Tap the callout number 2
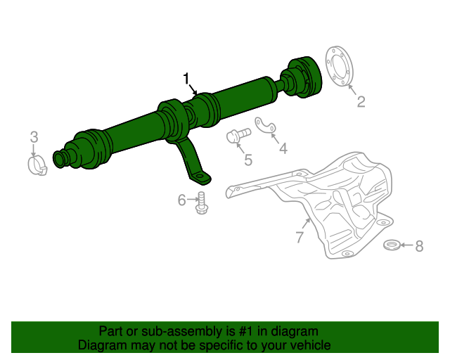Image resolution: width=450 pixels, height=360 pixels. tap(361, 103)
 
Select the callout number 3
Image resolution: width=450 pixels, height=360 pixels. tap(34, 136)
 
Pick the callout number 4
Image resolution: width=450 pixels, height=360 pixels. tap(283, 148)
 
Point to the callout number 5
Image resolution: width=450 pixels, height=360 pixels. tap(247, 161)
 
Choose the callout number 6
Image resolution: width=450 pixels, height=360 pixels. tap(181, 200)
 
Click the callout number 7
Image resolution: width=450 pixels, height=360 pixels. tap(300, 238)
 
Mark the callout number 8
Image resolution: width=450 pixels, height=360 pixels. tap(419, 246)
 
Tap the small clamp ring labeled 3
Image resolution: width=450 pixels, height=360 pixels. tap(37, 166)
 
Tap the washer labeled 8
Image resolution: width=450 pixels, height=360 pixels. tap(392, 245)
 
